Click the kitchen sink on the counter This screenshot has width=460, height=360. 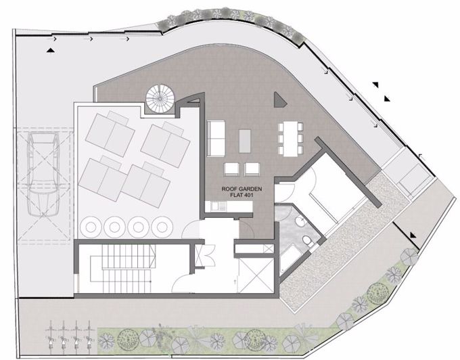tap(210, 205)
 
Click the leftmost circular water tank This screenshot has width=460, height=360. tap(91, 226)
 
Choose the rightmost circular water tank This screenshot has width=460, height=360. tap(162, 226)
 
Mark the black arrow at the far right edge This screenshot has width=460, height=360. tap(413, 235)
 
